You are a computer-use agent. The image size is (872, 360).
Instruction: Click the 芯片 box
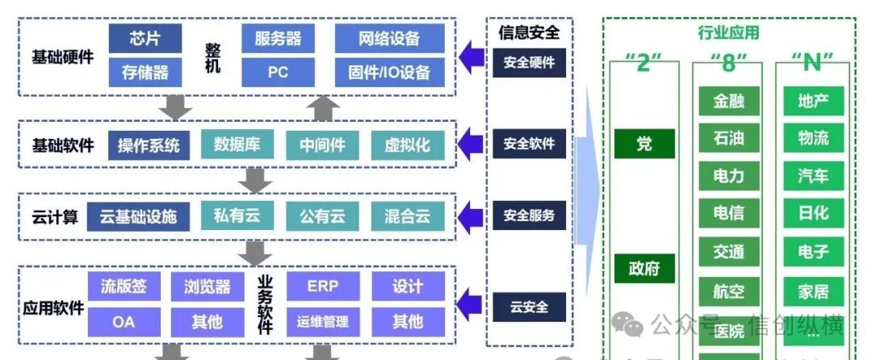coord(145,38)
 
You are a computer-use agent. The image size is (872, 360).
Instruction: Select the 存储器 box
coord(145,72)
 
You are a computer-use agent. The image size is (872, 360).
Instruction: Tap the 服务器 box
coord(278,38)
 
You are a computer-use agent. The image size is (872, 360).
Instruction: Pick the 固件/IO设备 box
coord(389,72)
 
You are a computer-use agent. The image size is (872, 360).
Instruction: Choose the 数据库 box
coord(237,144)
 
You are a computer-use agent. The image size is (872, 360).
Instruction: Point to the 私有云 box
coord(237,216)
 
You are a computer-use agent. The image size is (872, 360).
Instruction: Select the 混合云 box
coord(407,216)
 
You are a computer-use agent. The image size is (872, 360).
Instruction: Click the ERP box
coord(322,286)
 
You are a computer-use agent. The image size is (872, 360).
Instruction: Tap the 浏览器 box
coord(207,286)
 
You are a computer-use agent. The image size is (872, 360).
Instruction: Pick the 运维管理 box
coord(322,321)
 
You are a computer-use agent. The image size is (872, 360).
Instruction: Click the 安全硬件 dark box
coord(529,62)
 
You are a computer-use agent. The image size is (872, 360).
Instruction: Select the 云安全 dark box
coord(529,307)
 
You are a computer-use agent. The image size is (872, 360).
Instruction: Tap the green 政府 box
coord(644,268)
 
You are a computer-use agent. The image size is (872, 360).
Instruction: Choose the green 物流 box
coord(812,138)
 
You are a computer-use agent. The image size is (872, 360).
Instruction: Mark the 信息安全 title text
coord(529,33)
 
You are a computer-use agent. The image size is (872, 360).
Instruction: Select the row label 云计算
coord(55,216)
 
